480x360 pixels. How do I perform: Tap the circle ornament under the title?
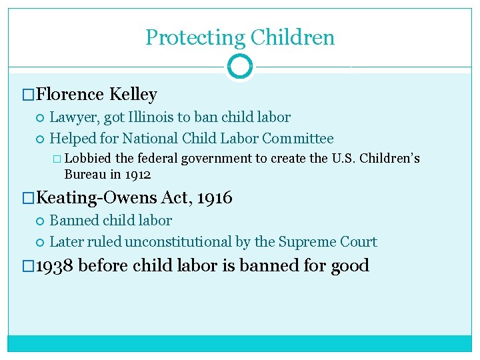pyautogui.click(x=240, y=67)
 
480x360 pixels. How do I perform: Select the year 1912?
pyautogui.click(x=138, y=175)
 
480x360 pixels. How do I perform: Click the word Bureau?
pyautogui.click(x=83, y=175)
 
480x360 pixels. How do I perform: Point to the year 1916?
pyautogui.click(x=215, y=197)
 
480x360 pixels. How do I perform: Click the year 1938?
pyautogui.click(x=55, y=265)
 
